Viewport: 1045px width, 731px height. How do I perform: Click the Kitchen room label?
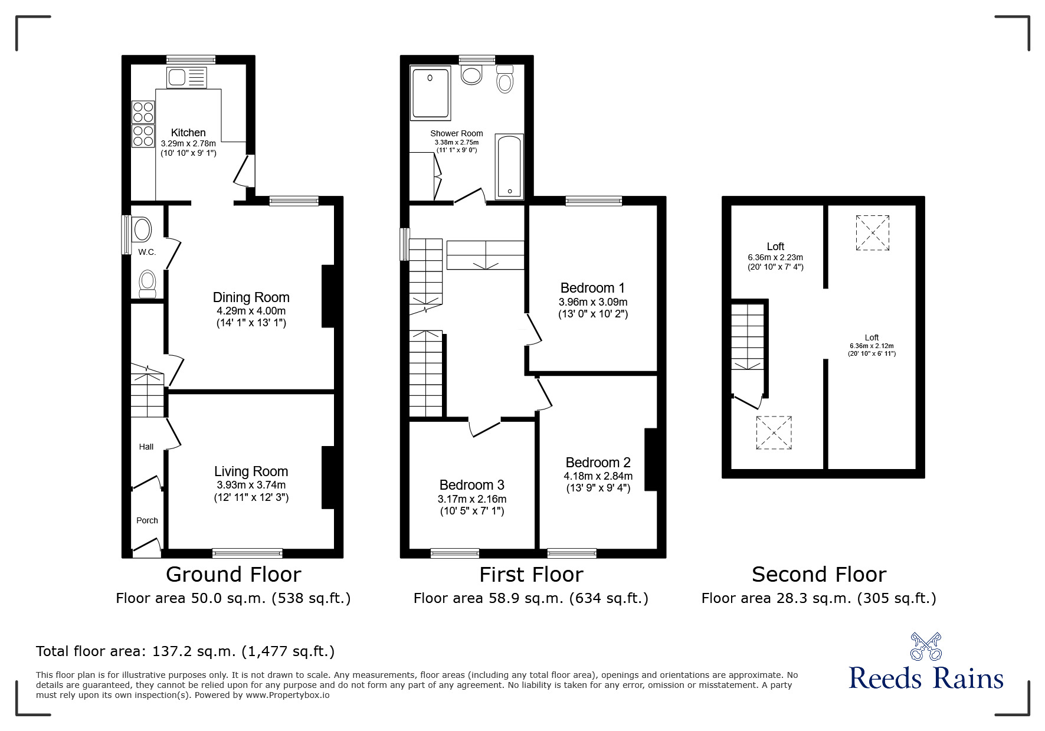pos(188,133)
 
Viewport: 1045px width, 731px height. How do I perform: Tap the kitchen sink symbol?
pos(187,77)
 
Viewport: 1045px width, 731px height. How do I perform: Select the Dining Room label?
pos(251,297)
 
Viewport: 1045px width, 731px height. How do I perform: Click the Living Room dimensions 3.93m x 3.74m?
pos(251,484)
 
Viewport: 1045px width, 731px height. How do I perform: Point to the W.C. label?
pos(147,252)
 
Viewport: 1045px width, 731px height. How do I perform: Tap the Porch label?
pos(147,520)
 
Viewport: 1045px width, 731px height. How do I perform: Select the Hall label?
pos(146,447)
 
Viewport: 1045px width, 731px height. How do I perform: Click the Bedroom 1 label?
pos(592,288)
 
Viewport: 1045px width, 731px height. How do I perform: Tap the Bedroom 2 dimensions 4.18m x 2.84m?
pos(598,476)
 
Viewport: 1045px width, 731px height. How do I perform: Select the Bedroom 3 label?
pos(471,485)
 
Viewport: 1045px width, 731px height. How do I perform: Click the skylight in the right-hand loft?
pos(873,233)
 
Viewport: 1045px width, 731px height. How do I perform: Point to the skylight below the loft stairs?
pos(774,433)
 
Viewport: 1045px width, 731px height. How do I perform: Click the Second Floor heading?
pos(818,574)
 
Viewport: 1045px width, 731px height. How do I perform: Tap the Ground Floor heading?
pos(233,574)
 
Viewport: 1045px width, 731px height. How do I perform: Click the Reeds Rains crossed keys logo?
pos(926,647)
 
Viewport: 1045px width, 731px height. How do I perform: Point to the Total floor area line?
pos(185,651)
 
